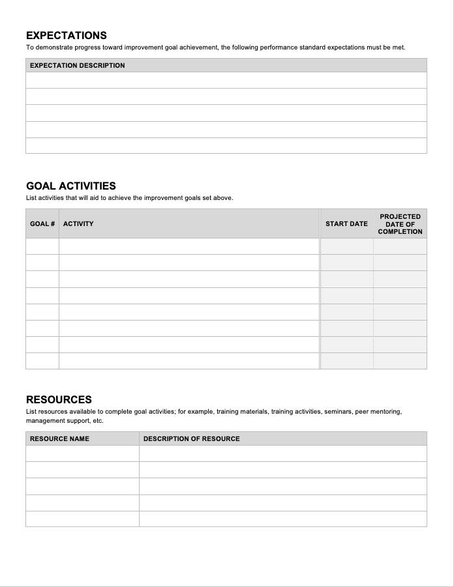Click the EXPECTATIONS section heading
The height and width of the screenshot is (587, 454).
(67, 35)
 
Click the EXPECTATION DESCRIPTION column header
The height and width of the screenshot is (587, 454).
(77, 65)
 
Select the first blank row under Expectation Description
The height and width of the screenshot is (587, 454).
(226, 80)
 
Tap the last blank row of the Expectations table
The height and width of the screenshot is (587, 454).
(226, 146)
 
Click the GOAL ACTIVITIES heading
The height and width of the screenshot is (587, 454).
(71, 186)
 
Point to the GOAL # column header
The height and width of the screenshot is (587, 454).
(42, 223)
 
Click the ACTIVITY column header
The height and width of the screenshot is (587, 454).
(78, 223)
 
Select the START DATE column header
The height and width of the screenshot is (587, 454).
(346, 223)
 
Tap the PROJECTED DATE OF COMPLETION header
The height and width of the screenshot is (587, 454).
(400, 223)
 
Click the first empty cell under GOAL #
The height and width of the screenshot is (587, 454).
(42, 246)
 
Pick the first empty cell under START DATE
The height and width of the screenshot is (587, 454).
(346, 246)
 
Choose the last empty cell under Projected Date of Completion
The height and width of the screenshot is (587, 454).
(400, 361)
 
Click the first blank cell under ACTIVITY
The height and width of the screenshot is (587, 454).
(189, 246)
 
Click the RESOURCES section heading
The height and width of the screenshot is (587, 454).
(59, 399)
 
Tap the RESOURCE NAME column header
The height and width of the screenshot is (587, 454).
(59, 438)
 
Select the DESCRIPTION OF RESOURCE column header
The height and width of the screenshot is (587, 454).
(191, 438)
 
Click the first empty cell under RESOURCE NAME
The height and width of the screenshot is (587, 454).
(82, 453)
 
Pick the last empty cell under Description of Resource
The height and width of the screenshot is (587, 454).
(282, 519)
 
